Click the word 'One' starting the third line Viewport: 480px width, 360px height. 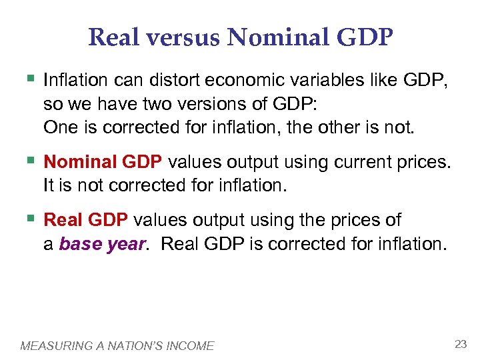tap(57, 127)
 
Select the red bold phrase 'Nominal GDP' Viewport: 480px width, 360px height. tap(105, 163)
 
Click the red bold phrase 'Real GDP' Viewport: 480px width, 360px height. tap(87, 221)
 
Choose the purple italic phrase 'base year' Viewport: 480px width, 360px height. tap(101, 244)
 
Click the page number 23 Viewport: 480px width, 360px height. tap(460, 344)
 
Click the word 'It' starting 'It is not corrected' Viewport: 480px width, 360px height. tap(48, 187)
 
